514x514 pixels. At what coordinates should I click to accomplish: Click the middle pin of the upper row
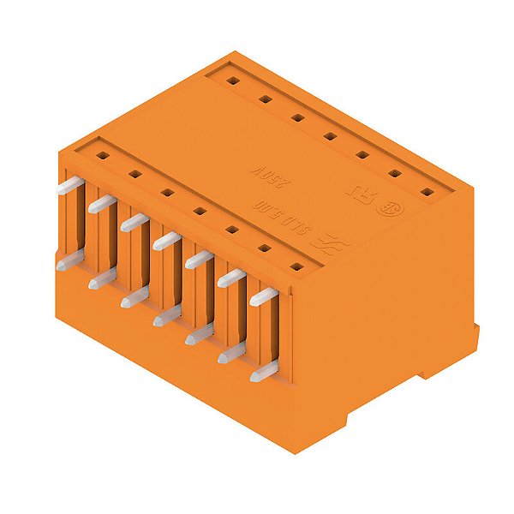point(165,242)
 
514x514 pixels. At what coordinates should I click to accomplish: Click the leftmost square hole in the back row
point(232,81)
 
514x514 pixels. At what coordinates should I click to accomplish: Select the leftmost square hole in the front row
point(102,156)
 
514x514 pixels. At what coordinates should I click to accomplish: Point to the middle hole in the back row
point(329,136)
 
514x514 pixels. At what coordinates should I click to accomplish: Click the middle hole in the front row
point(199,212)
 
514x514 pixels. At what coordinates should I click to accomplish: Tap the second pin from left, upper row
point(100,204)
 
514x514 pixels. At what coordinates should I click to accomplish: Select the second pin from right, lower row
point(230,353)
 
